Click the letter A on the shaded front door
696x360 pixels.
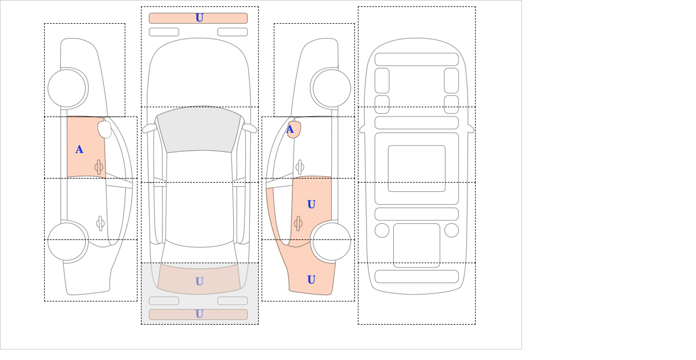[x=79, y=150]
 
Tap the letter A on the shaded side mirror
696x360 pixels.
[x=290, y=129]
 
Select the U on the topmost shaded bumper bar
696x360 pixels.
[x=200, y=18]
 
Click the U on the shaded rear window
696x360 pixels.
[x=200, y=281]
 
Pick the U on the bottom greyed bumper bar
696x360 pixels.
[x=200, y=314]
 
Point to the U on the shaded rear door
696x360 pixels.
[x=311, y=204]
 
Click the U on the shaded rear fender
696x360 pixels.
[x=311, y=279]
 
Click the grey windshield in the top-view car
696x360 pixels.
[x=199, y=129]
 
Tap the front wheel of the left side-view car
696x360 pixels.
[x=67, y=88]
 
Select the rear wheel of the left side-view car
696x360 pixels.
[x=67, y=241]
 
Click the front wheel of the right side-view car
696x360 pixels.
[x=332, y=88]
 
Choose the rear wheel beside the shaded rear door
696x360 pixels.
[x=332, y=241]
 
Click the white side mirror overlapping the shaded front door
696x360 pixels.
[x=104, y=129]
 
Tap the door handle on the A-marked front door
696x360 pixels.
[x=99, y=168]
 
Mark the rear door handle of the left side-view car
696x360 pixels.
[x=100, y=223]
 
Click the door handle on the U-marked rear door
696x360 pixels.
[x=298, y=223]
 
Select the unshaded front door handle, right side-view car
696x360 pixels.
[x=300, y=168]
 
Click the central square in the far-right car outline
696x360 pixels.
[x=416, y=168]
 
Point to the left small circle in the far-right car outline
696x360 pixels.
[x=382, y=231]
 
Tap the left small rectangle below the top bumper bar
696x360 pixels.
[x=164, y=32]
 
